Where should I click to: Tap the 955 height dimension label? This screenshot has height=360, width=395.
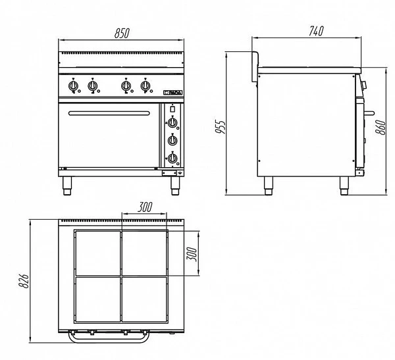(221, 125)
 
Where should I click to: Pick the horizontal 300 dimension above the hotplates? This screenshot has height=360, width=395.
(145, 207)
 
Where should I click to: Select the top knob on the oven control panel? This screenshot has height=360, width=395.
(172, 122)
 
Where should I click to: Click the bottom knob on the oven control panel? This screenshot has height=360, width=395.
(172, 157)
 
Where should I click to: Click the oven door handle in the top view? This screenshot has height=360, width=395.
(110, 340)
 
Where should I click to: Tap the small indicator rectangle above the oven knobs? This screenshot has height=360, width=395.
(172, 109)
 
